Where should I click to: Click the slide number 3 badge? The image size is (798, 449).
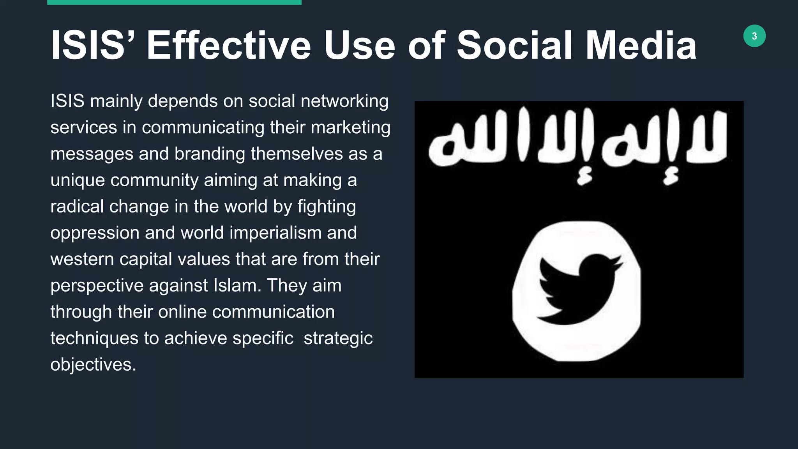pos(754,36)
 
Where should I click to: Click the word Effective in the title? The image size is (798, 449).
pos(229,46)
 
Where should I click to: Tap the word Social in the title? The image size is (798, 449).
pos(515,46)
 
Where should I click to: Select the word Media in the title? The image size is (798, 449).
pos(641,46)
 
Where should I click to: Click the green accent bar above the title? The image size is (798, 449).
pos(174,2)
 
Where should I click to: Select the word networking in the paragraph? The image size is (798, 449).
pos(344,101)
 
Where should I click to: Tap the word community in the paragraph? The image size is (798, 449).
pos(154,180)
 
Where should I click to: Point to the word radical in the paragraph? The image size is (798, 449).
pos(77,207)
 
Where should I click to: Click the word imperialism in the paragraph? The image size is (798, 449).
pos(275,233)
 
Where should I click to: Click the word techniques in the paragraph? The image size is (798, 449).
pos(94,338)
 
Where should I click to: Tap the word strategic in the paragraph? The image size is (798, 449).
pos(338,338)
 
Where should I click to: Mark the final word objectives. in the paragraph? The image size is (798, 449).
pos(93,365)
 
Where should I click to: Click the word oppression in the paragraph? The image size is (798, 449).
pos(95,233)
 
